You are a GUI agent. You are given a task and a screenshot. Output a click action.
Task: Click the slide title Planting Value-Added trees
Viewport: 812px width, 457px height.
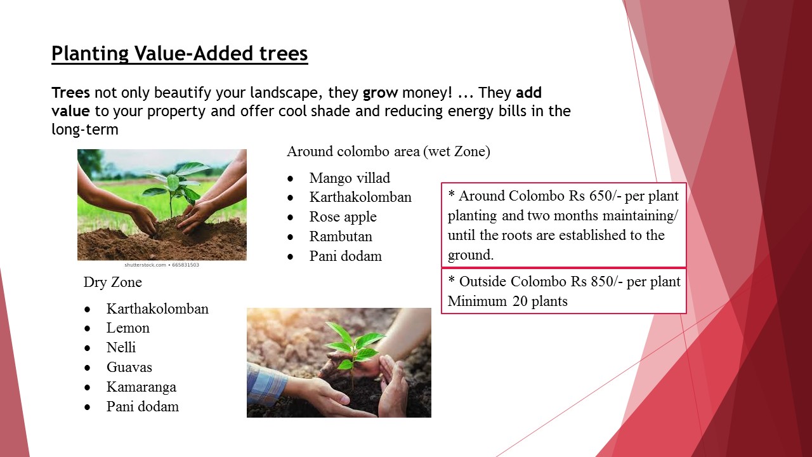(180, 54)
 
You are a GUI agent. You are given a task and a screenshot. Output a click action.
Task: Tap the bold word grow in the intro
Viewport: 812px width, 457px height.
(380, 93)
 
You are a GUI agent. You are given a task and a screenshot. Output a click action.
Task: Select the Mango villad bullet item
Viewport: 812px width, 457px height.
(350, 178)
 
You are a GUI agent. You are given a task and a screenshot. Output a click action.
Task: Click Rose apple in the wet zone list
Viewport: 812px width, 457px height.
(343, 217)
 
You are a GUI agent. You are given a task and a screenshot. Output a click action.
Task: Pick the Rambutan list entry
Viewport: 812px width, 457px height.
(341, 237)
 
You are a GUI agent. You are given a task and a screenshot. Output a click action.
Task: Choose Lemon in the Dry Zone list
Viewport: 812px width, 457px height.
(128, 328)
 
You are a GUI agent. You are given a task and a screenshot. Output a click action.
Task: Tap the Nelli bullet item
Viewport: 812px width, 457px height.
(121, 347)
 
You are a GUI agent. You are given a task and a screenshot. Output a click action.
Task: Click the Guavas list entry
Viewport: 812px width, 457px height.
(129, 367)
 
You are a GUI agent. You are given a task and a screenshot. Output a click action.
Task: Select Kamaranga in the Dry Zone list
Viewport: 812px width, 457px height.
(141, 387)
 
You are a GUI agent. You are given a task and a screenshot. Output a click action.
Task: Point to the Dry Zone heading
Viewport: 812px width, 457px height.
(113, 282)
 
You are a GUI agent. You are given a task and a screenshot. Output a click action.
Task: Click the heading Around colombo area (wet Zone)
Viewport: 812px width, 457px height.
(388, 151)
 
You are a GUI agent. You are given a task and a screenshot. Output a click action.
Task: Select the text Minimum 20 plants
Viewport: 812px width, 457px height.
(507, 301)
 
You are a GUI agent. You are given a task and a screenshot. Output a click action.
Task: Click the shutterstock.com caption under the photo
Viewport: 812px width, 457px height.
(162, 265)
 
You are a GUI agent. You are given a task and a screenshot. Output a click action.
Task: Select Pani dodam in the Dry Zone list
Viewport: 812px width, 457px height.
(143, 407)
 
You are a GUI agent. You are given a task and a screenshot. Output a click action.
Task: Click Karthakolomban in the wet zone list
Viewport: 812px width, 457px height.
(360, 197)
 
